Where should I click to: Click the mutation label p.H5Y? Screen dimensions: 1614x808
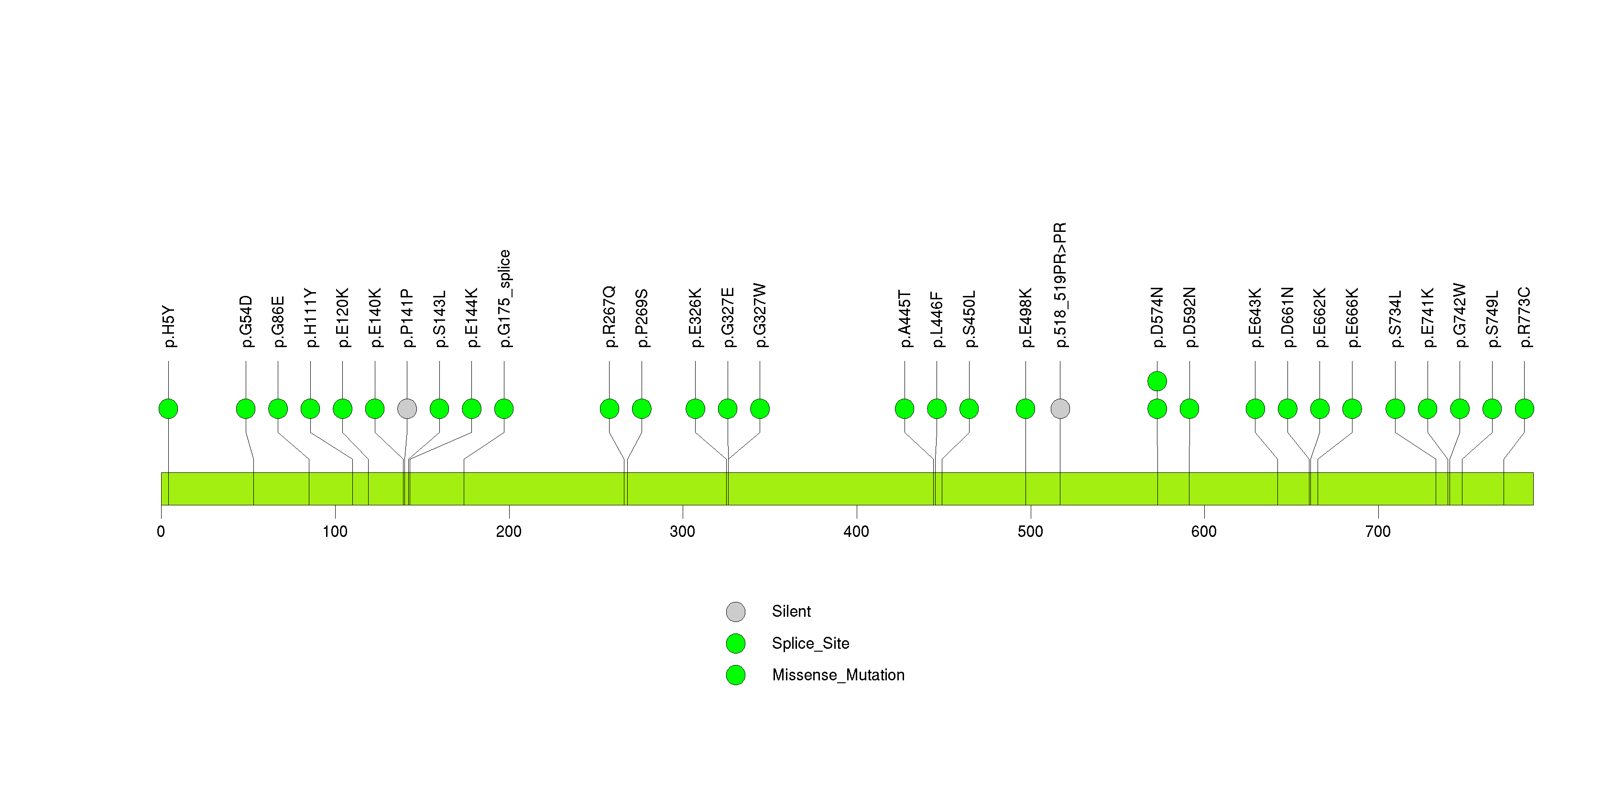169,327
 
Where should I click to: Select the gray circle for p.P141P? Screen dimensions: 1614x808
407,409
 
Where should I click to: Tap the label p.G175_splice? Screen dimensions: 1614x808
504,298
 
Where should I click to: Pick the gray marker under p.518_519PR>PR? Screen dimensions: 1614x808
1060,409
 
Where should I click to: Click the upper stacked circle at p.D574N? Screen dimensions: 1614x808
1157,381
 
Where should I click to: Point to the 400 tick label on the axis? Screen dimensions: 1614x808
857,532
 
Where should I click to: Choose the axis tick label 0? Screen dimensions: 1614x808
161,532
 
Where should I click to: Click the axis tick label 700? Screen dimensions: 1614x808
1378,532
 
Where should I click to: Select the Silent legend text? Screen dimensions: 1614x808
791,611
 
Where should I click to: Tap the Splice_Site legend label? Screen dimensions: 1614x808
811,643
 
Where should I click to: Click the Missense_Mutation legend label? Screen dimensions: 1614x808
839,675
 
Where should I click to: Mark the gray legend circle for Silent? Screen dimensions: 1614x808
736,612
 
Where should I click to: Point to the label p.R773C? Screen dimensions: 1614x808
1525,317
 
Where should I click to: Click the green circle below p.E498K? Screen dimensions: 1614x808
1025,409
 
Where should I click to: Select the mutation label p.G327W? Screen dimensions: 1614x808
760,315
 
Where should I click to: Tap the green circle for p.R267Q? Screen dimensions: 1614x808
610,409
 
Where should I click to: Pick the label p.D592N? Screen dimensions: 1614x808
1190,317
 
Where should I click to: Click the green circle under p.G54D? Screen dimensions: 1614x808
246,409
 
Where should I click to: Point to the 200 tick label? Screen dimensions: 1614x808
509,532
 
